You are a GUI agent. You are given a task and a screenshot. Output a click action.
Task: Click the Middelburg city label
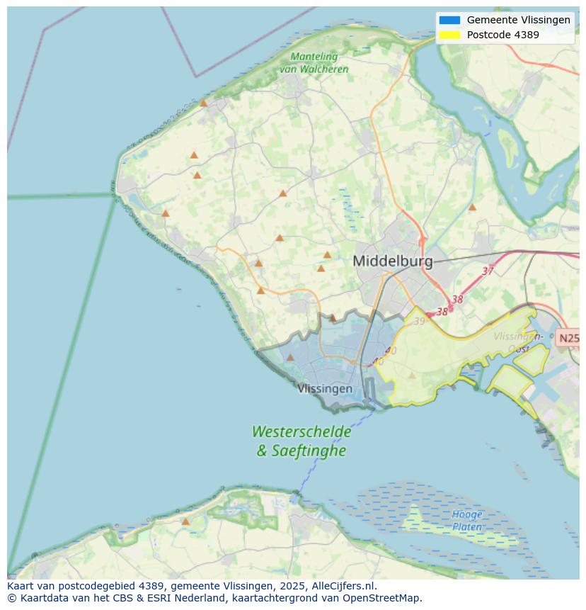(392, 261)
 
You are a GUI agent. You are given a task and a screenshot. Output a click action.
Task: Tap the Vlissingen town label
(325, 389)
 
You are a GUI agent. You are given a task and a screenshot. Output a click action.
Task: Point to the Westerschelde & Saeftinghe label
(301, 441)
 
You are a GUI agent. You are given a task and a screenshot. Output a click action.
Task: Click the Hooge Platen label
(467, 521)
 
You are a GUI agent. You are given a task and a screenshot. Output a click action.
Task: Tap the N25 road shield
(568, 339)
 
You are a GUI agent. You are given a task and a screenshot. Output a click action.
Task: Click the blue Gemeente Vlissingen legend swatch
(449, 21)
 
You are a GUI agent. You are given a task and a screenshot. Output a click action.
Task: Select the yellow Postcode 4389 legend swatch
(449, 35)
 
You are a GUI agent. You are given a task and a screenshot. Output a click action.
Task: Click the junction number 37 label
(488, 271)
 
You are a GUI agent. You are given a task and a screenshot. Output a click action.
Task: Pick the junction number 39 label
(420, 322)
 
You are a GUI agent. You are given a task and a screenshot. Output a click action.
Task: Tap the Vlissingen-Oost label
(519, 341)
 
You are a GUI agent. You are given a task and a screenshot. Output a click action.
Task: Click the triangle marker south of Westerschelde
(185, 521)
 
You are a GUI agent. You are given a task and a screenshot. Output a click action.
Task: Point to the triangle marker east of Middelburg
(472, 208)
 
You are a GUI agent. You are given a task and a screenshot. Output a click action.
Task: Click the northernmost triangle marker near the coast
(203, 103)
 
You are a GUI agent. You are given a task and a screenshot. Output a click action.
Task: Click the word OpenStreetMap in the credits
(382, 598)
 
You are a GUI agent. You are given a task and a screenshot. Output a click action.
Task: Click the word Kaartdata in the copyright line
(40, 598)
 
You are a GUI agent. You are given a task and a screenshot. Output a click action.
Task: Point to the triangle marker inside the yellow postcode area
(412, 375)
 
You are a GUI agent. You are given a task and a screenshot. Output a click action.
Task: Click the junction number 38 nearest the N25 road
(457, 300)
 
